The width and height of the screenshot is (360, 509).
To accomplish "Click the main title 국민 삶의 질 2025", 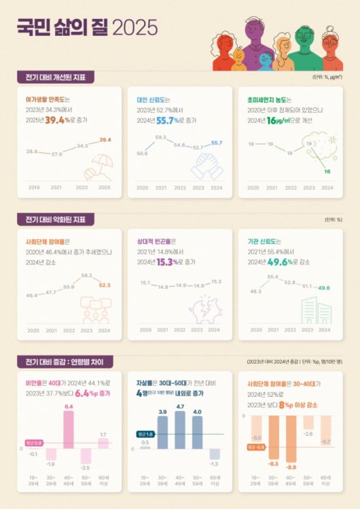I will [x=86, y=27].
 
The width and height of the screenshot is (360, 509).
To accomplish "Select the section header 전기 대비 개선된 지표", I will [x=56, y=77].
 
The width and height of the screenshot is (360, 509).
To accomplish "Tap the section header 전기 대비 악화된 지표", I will [x=56, y=220].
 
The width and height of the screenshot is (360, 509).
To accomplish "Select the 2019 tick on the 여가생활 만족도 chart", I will [x=33, y=187].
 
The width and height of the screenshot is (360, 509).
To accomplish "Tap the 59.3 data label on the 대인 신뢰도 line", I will [x=161, y=137].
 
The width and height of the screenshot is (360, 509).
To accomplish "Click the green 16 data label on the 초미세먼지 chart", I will [x=327, y=172].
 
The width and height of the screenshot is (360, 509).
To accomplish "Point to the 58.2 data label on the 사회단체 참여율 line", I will [x=86, y=275].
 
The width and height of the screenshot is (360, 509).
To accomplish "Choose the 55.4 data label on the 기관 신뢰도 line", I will [x=273, y=277].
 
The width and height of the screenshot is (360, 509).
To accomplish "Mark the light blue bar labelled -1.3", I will [x=215, y=454].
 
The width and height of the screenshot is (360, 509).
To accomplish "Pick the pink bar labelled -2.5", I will [x=86, y=456].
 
